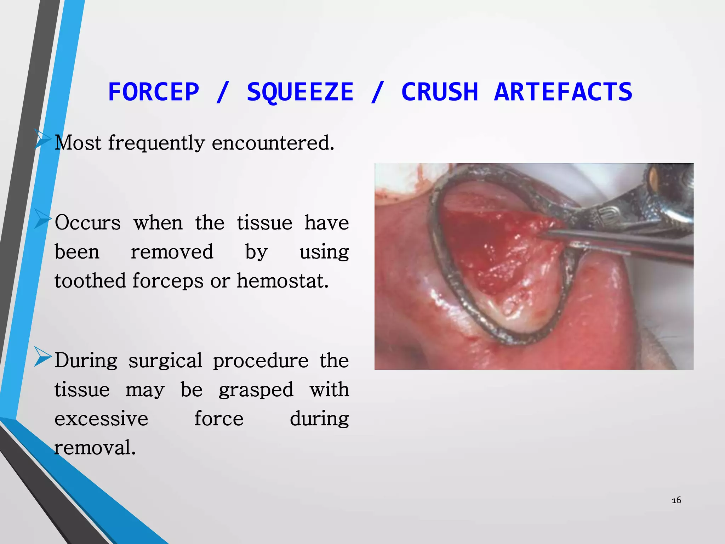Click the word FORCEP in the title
click(154, 92)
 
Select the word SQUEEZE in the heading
click(300, 92)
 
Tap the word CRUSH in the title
click(440, 92)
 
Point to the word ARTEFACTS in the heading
click(563, 92)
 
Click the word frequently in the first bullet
click(156, 143)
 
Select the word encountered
click(273, 143)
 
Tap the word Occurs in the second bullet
click(88, 223)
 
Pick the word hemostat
click(282, 281)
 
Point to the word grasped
click(256, 390)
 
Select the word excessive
click(101, 419)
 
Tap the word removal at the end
click(95, 448)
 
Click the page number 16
click(676, 500)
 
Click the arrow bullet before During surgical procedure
click(43, 357)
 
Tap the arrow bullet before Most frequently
click(43, 139)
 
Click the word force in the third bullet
click(219, 419)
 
